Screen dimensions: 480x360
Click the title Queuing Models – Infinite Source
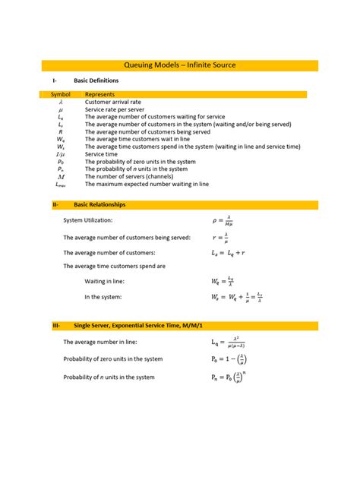tap(180, 65)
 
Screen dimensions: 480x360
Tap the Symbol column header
tap(60, 94)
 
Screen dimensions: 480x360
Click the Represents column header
tap(99, 94)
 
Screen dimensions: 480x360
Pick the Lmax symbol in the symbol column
tap(61, 183)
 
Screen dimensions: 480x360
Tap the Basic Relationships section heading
tap(99, 205)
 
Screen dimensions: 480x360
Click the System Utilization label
tap(87, 220)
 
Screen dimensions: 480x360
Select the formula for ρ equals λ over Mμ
tap(223, 220)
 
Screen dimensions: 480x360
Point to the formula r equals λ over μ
tap(221, 237)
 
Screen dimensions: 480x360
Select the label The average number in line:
tap(99, 343)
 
